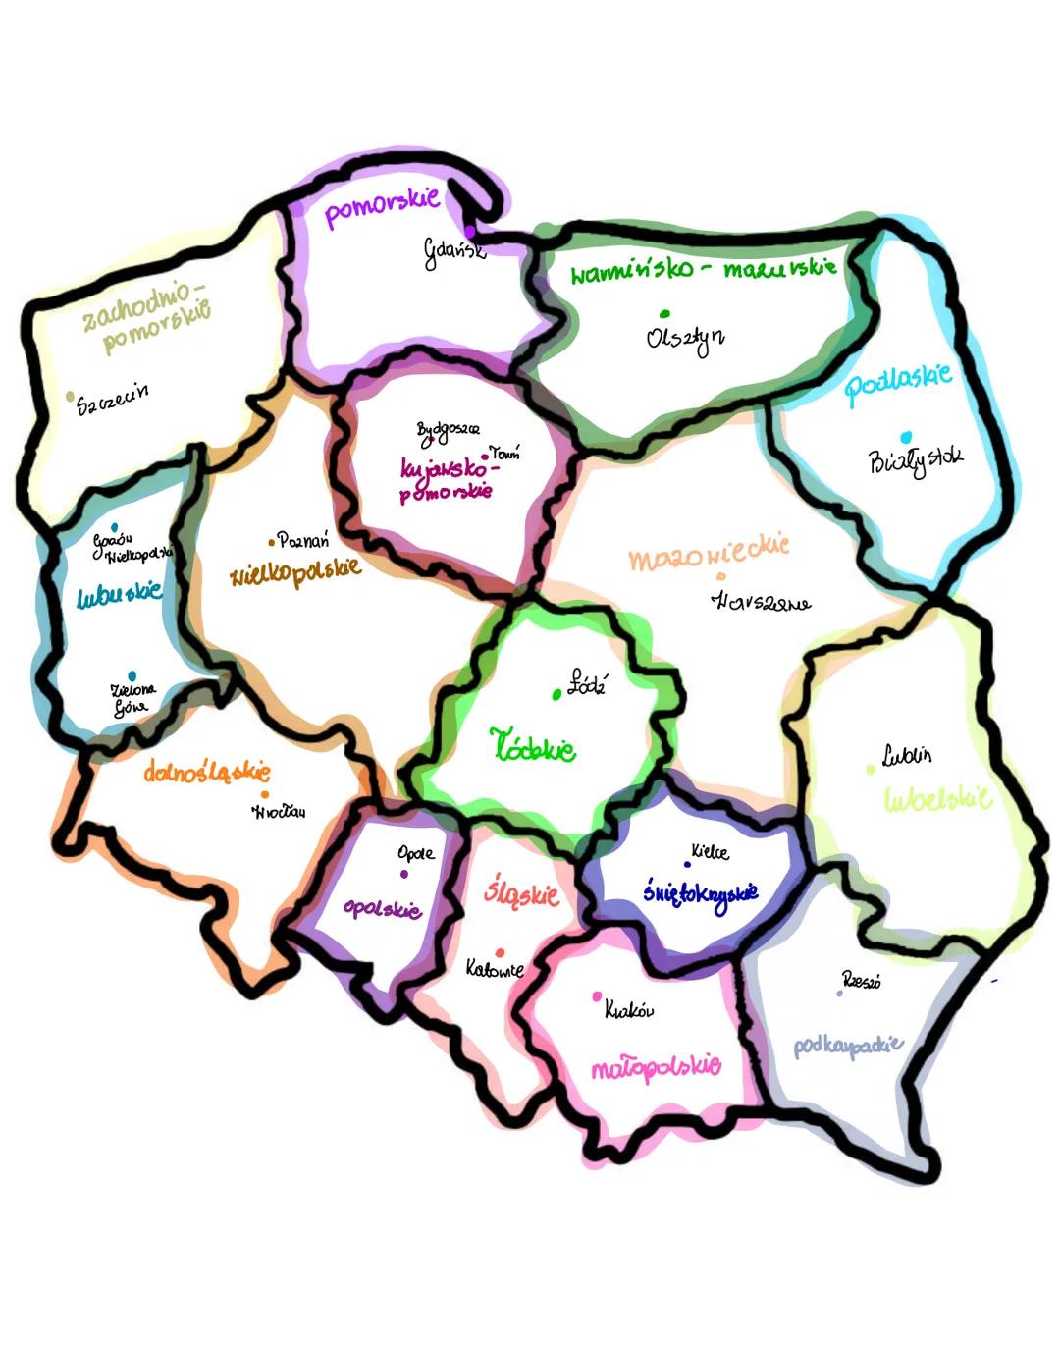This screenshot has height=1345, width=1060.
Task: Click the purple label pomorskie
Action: [x=382, y=206]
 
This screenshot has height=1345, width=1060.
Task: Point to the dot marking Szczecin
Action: [x=71, y=397]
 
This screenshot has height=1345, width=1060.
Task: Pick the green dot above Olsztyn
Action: [x=664, y=314]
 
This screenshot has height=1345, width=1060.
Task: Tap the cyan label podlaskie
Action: [x=898, y=383]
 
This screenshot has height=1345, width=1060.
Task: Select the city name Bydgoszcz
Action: [x=448, y=430]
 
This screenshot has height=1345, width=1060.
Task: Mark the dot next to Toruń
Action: [x=485, y=457]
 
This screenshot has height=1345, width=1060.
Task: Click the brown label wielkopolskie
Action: [x=295, y=571]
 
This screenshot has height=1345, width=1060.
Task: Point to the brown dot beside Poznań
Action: [x=272, y=542]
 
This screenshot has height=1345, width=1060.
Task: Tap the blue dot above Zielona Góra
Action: [x=132, y=675]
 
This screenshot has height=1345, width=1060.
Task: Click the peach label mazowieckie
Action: [x=709, y=555]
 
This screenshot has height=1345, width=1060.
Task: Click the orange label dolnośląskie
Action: [x=207, y=772]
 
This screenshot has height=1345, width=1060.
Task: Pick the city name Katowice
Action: [x=495, y=970]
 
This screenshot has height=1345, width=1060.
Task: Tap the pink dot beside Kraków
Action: [x=597, y=997]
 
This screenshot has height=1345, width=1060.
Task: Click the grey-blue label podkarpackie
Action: [x=848, y=1046]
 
